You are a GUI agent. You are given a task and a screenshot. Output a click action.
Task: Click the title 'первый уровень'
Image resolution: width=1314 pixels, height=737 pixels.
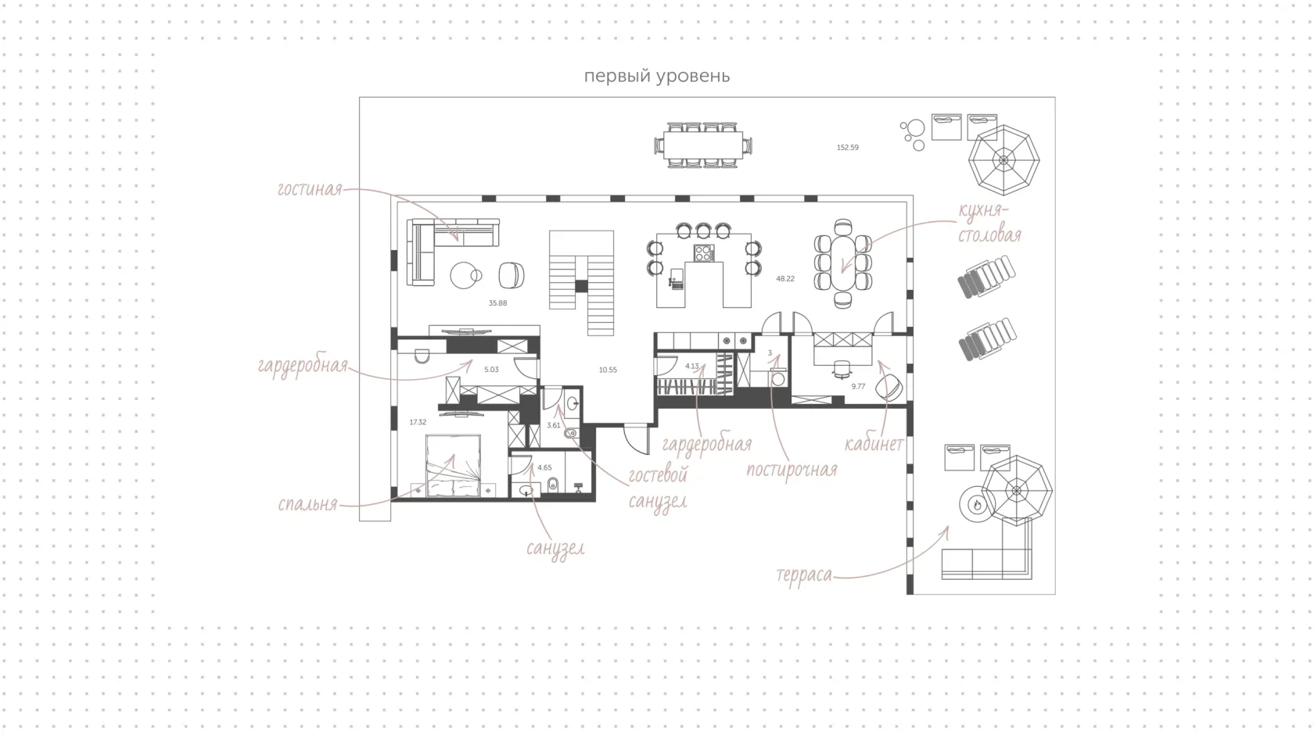click(656, 77)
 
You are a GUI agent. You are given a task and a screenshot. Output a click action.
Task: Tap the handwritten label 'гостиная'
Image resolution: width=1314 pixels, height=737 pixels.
click(309, 189)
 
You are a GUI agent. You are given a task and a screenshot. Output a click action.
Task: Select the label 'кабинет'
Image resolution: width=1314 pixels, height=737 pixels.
click(874, 444)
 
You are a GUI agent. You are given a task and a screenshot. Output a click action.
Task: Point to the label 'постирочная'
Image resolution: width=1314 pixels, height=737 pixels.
click(792, 470)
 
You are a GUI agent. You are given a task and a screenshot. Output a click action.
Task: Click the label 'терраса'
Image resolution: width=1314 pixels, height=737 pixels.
click(804, 574)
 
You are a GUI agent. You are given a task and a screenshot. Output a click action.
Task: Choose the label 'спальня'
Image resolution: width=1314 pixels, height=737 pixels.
click(307, 504)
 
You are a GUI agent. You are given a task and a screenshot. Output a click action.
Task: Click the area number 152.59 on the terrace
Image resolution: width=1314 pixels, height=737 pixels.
click(847, 148)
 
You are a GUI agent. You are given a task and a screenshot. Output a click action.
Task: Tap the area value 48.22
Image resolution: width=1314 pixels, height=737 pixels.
click(785, 279)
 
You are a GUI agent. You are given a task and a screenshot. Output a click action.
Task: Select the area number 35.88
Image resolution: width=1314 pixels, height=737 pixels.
click(497, 303)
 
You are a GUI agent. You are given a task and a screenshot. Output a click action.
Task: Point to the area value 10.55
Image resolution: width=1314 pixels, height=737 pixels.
click(608, 370)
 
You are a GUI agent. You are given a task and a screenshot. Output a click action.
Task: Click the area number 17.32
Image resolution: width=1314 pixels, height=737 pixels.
click(418, 422)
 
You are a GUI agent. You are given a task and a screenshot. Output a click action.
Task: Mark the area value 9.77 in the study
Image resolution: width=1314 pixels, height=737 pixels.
click(858, 386)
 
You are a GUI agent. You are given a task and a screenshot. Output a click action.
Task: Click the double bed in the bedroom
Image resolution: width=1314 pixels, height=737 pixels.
click(453, 466)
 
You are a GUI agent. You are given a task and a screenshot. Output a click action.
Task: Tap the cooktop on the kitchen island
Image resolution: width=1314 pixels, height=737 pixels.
click(704, 253)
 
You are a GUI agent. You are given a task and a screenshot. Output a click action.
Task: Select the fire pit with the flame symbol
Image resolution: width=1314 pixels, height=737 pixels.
click(976, 503)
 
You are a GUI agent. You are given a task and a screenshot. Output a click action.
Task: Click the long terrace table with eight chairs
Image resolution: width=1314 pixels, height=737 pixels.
click(702, 145)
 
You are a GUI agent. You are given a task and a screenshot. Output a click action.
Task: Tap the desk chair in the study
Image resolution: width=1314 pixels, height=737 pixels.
click(842, 369)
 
